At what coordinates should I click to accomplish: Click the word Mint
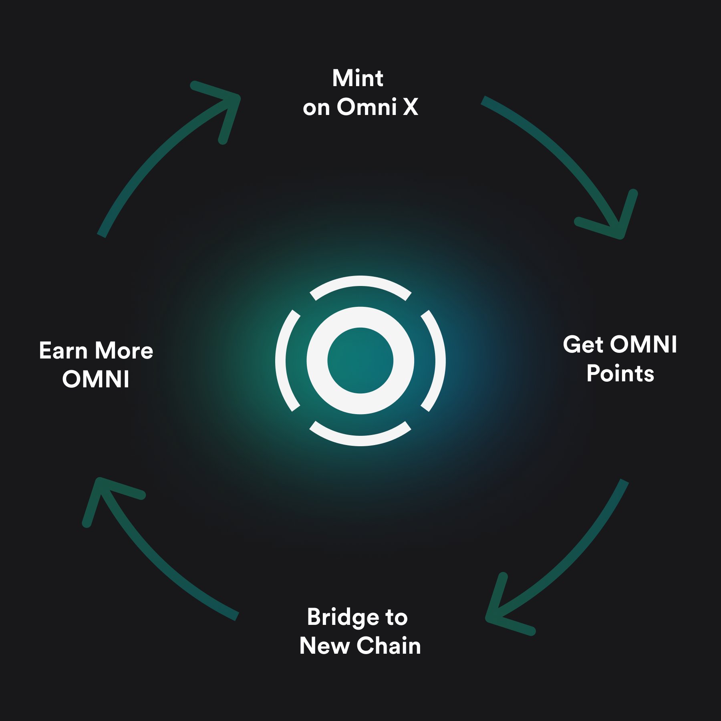tap(357, 78)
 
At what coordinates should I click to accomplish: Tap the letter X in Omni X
tap(410, 107)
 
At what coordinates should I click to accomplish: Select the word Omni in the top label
tap(367, 107)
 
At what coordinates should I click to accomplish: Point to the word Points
tap(620, 374)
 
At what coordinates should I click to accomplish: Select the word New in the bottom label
tap(324, 646)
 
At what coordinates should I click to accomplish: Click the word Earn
tap(63, 351)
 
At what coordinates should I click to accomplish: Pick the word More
tap(124, 351)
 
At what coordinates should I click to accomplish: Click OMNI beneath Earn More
tap(96, 379)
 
